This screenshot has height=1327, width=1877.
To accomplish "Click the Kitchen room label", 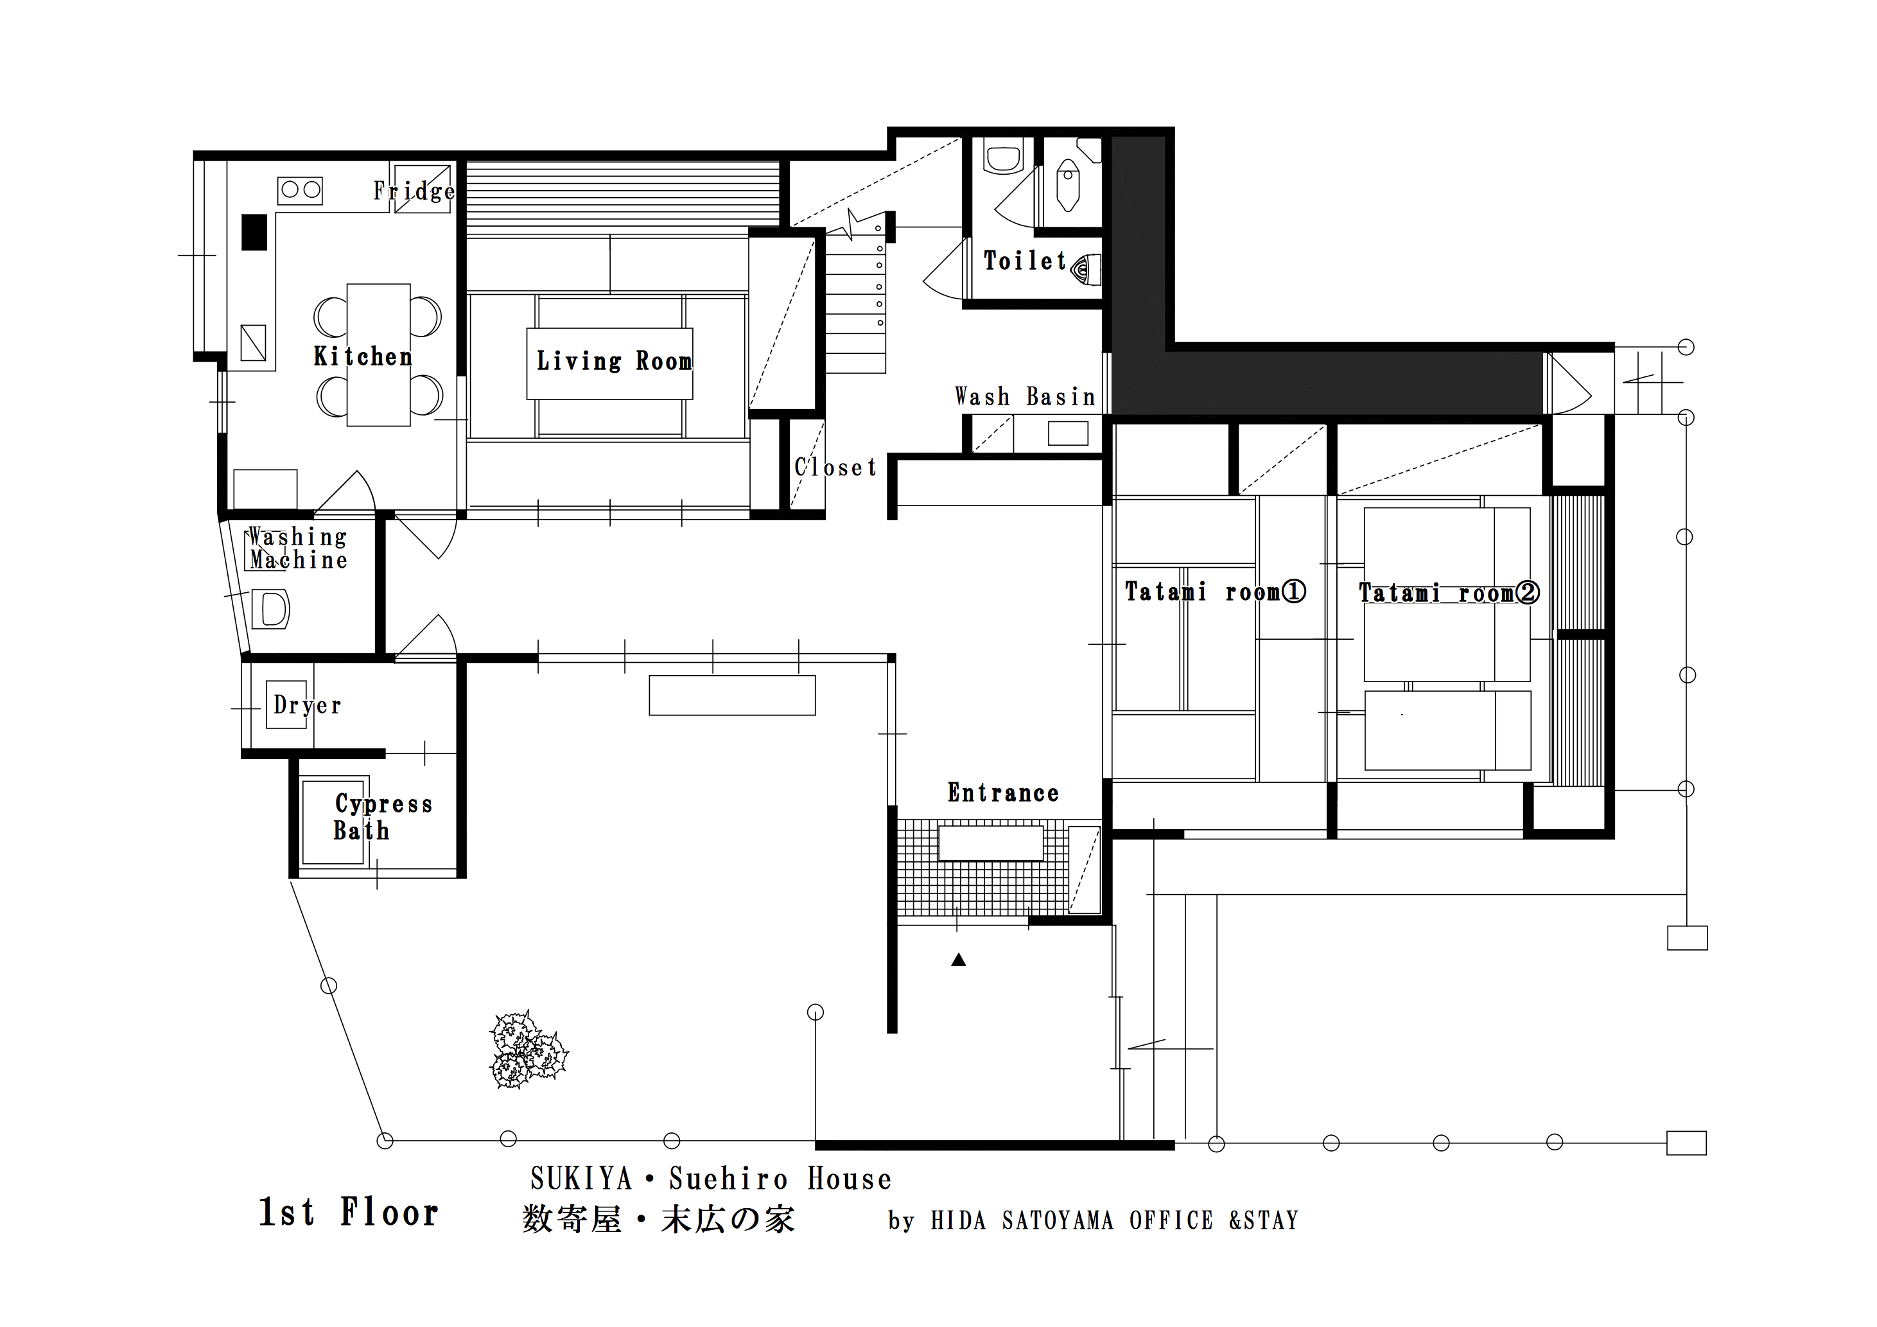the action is click(363, 356).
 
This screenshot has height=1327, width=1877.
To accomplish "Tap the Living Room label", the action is click(614, 360).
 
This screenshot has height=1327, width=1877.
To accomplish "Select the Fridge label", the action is click(414, 191).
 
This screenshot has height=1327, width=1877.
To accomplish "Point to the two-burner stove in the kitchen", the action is click(300, 191).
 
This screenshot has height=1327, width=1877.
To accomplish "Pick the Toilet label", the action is click(1025, 261).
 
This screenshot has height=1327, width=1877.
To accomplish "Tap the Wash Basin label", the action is click(1025, 396).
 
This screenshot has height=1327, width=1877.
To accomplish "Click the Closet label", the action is click(835, 467).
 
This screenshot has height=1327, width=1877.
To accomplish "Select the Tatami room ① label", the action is click(1215, 591).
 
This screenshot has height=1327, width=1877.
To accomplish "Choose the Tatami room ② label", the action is click(1449, 592).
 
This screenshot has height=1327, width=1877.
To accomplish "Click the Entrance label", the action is click(1003, 792).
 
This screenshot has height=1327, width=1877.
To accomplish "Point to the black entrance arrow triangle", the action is click(959, 960).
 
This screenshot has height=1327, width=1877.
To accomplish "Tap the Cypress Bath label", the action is click(383, 817).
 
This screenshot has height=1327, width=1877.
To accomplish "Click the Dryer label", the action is click(308, 705).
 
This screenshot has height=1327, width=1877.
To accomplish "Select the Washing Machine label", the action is click(297, 548).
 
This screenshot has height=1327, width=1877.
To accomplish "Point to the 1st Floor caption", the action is click(348, 1212).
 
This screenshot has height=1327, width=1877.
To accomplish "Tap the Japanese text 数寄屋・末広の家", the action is click(659, 1219).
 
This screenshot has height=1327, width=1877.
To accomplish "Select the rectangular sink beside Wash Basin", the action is click(1068, 434).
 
